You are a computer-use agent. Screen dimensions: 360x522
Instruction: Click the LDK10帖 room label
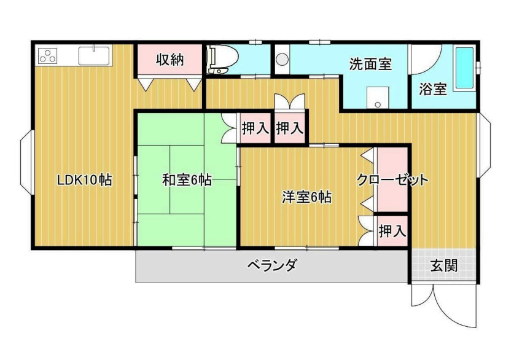84,181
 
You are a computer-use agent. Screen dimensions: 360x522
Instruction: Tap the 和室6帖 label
187,181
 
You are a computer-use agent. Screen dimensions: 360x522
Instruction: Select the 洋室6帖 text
307,197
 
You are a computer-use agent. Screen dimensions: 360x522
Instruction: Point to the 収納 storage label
169,60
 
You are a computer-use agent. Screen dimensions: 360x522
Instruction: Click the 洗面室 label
370,64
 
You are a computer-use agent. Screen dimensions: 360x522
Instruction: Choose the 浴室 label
432,89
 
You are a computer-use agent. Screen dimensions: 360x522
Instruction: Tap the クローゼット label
392,181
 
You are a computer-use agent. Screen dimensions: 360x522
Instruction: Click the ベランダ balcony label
273,265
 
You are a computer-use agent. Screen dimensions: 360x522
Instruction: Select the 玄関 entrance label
443,266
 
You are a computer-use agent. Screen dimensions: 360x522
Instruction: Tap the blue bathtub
464,69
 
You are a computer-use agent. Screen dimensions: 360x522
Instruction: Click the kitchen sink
94,55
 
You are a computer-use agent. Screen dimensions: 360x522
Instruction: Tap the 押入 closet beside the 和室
255,129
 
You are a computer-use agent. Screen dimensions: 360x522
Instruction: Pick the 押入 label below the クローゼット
391,231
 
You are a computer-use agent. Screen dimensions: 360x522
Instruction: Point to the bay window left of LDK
26,161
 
